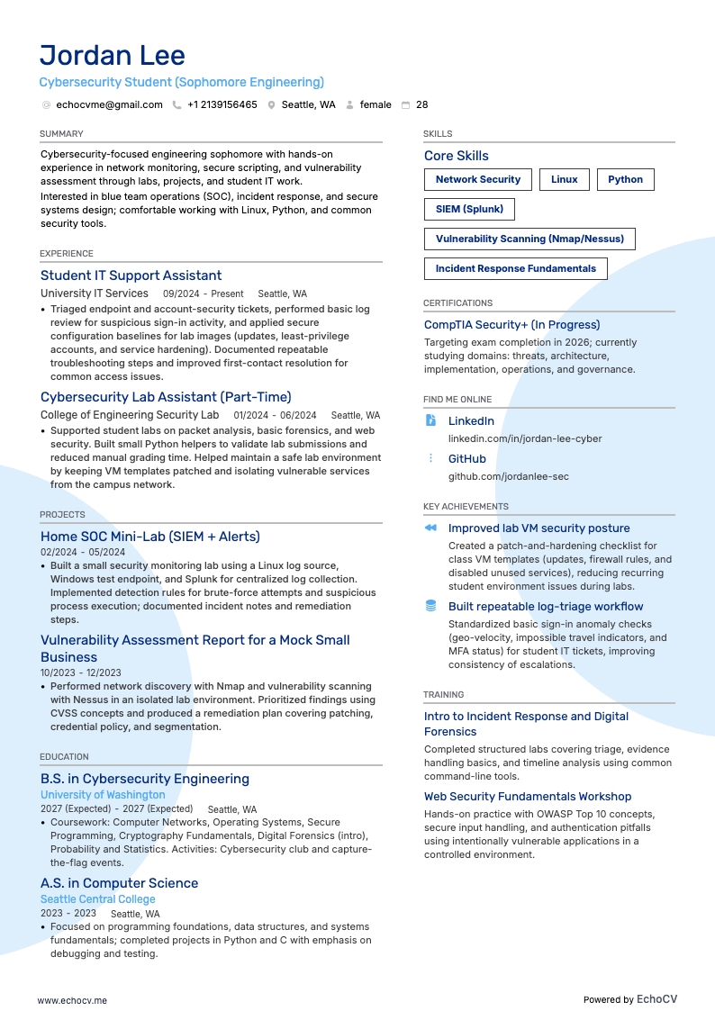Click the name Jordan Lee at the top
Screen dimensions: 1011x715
pos(113,55)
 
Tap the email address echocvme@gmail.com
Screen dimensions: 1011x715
pos(109,104)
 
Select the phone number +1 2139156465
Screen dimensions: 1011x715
pos(222,104)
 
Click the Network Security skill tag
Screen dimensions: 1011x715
pos(478,179)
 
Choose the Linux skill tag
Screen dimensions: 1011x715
pos(565,179)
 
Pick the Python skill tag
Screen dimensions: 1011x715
pos(625,179)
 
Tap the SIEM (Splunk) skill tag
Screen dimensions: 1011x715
pos(469,209)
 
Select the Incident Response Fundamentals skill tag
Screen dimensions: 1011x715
pos(515,268)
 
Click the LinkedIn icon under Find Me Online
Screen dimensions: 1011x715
pos(431,420)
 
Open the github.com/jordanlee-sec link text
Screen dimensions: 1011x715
pos(508,476)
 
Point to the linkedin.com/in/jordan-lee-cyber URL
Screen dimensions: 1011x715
pos(525,438)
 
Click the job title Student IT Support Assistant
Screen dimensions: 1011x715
pos(131,275)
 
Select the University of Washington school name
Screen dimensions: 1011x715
pos(103,795)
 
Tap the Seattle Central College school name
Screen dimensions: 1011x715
pos(97,899)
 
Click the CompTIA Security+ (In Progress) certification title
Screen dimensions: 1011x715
pos(511,325)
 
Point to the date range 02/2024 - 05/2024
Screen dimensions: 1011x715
pos(83,552)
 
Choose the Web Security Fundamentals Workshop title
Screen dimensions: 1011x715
pos(528,797)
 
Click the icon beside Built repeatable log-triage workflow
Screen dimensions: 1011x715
pos(431,606)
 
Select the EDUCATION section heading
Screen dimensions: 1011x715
pos(64,757)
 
